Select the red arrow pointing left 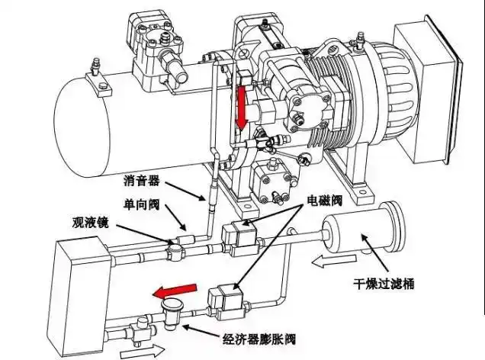coord(173,291)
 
